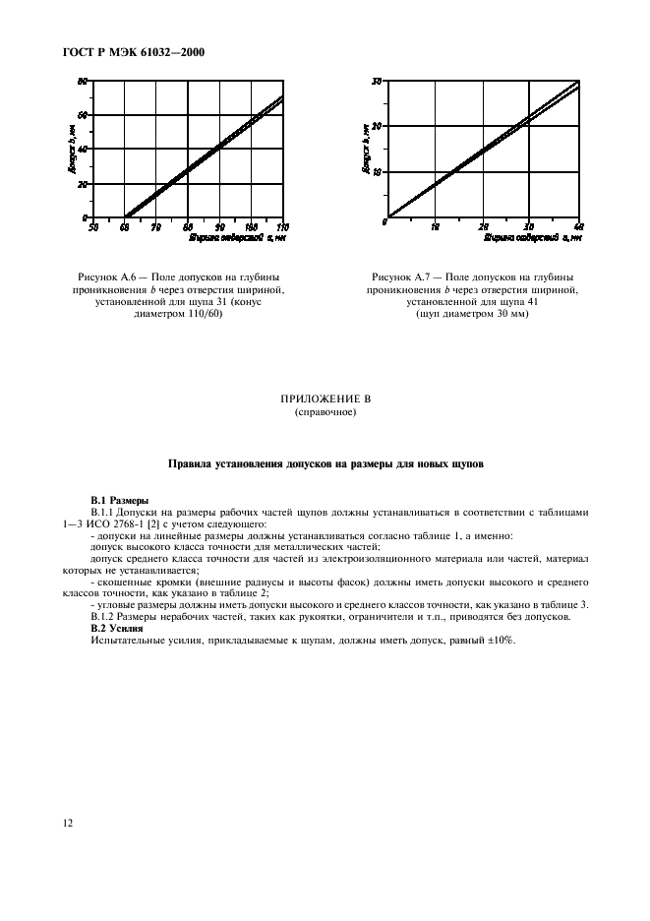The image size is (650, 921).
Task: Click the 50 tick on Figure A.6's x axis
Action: tap(92, 226)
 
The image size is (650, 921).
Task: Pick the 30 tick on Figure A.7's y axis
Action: tap(377, 81)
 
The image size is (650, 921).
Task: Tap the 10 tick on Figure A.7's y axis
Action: tap(377, 171)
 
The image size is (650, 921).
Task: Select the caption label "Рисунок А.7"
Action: tap(400, 277)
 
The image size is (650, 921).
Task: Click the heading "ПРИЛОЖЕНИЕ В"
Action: tap(325, 400)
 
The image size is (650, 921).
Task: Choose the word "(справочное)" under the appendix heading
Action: tap(325, 412)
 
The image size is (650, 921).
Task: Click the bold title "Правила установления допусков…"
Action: tap(325, 461)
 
